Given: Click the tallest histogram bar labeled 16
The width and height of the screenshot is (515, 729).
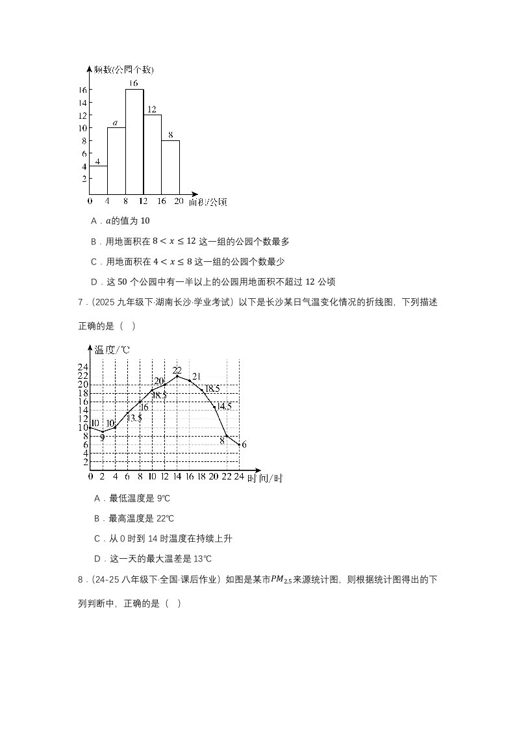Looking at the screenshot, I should (x=134, y=142).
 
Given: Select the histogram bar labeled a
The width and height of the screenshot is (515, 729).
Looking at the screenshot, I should (x=116, y=161).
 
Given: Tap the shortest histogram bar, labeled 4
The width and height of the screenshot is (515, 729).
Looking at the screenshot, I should (x=98, y=180).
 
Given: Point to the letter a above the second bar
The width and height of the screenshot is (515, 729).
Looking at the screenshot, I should (x=115, y=123).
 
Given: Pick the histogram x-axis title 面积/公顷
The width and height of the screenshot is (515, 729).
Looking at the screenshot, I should (x=208, y=202).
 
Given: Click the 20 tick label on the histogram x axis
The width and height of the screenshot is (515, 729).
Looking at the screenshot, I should (x=179, y=201).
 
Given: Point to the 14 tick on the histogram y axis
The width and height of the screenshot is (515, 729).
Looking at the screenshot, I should (x=83, y=103).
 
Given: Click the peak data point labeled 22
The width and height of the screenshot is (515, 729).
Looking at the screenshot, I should (x=177, y=376).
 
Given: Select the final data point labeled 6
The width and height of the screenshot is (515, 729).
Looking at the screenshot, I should (x=240, y=444).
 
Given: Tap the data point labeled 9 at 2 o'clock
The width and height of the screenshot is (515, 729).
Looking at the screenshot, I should (x=102, y=431).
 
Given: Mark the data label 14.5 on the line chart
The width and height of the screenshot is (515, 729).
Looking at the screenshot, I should (x=223, y=406).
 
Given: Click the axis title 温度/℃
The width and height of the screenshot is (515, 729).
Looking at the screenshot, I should (x=112, y=350).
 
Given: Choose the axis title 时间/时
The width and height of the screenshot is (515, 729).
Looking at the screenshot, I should (x=264, y=478).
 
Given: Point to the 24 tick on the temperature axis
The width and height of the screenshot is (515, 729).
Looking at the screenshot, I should (x=84, y=366).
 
